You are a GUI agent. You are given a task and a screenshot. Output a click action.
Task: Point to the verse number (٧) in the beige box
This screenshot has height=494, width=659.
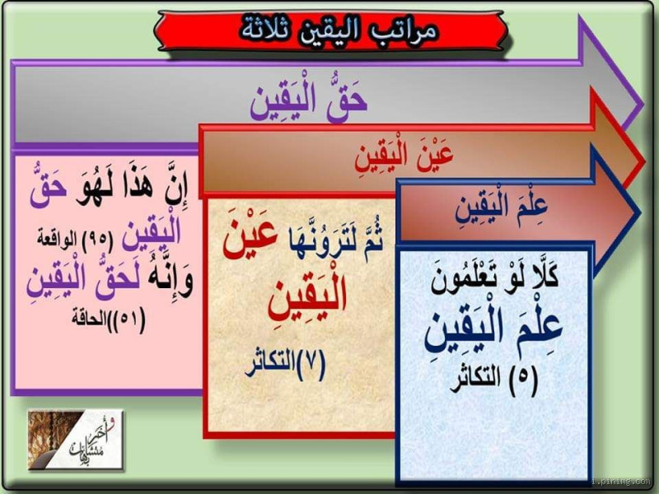(310, 363)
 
